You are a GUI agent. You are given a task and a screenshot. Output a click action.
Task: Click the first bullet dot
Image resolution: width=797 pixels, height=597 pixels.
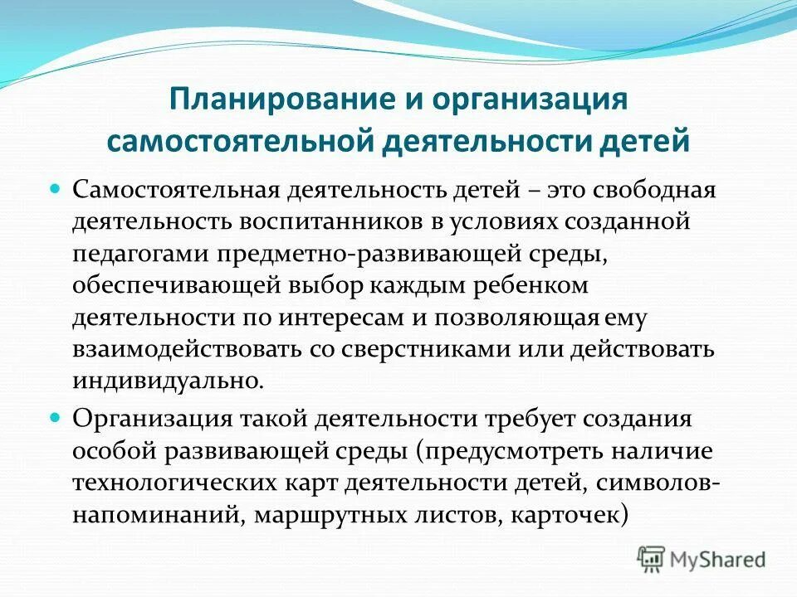click(56, 188)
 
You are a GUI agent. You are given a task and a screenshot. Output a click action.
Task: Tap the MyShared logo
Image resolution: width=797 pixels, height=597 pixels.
click(702, 559)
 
